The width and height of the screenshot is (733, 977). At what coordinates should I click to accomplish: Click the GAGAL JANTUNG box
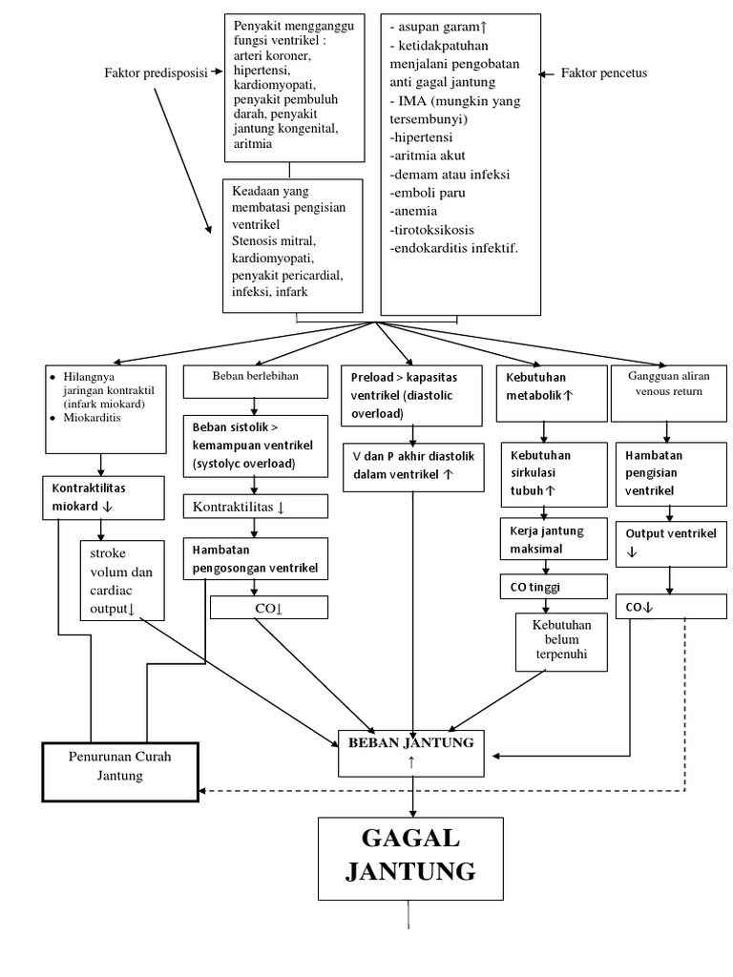(409, 856)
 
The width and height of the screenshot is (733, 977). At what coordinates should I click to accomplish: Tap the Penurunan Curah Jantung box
(119, 765)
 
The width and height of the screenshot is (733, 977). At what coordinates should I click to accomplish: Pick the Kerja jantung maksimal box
(554, 540)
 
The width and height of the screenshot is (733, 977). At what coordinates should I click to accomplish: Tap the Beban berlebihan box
(256, 390)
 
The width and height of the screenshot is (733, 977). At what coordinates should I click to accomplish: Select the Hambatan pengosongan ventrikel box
(256, 559)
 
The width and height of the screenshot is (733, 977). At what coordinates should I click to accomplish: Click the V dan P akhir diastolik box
(411, 465)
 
